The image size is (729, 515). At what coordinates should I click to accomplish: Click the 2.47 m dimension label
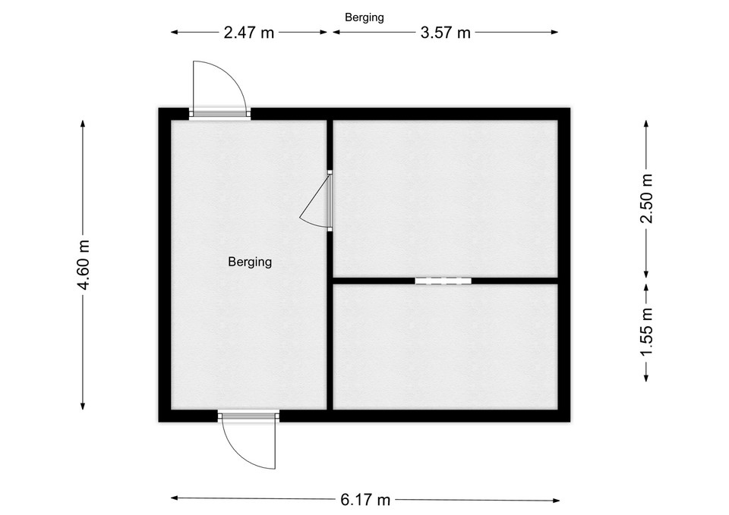click(x=249, y=33)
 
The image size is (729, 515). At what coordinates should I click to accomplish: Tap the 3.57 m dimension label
click(x=446, y=33)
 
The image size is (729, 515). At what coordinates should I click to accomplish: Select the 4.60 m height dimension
click(x=84, y=265)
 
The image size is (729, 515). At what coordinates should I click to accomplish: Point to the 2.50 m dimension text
click(x=647, y=198)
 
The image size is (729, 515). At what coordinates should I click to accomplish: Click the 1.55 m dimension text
click(x=647, y=331)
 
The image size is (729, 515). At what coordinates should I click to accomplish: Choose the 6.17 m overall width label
click(x=365, y=500)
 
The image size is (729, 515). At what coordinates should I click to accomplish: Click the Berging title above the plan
click(x=364, y=17)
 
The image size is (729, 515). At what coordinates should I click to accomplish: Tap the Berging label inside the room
click(x=250, y=262)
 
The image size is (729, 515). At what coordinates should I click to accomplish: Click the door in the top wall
click(x=219, y=113)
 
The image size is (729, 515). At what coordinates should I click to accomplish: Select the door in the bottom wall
click(x=248, y=416)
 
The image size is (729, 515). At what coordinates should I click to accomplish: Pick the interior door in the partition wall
click(x=330, y=200)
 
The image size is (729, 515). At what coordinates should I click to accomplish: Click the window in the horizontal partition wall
click(x=443, y=281)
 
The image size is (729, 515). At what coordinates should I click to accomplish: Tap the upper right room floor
click(x=446, y=198)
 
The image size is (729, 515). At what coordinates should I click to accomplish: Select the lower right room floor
click(x=446, y=347)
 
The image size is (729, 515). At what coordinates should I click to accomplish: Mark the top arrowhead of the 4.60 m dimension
click(x=83, y=124)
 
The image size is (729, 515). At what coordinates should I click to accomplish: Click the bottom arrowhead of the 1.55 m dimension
click(x=645, y=378)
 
